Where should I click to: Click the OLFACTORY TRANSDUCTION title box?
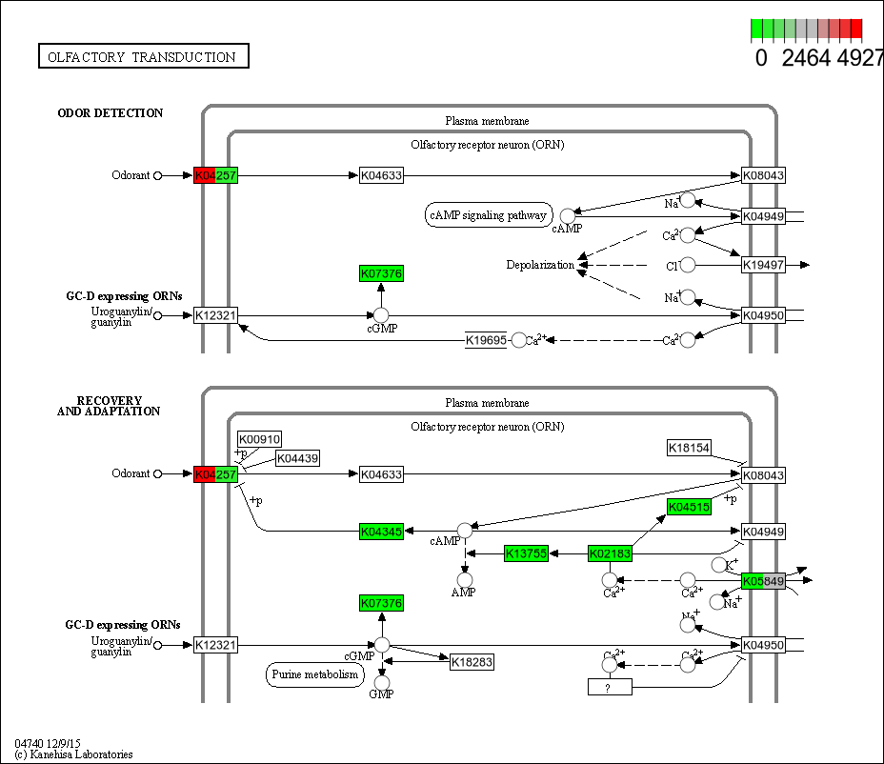coord(143,57)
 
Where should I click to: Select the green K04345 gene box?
coord(381,532)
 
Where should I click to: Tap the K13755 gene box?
coord(527,553)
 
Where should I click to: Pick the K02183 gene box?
coord(611,553)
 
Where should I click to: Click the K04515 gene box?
coord(689,507)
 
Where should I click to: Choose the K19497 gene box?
coord(763,265)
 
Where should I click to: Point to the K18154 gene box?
coord(689,448)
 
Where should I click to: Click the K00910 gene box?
coord(259,439)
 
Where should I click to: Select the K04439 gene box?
coord(297,459)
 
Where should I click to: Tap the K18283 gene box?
coord(472,662)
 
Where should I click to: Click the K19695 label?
coord(486,340)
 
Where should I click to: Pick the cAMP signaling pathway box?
coord(489,215)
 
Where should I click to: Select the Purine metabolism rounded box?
coord(313,674)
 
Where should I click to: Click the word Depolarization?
coord(540,265)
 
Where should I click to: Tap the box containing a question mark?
coord(610,687)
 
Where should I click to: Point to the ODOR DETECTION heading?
coord(110,113)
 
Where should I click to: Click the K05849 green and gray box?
coord(763,580)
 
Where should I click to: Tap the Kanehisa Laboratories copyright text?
coord(73,754)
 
